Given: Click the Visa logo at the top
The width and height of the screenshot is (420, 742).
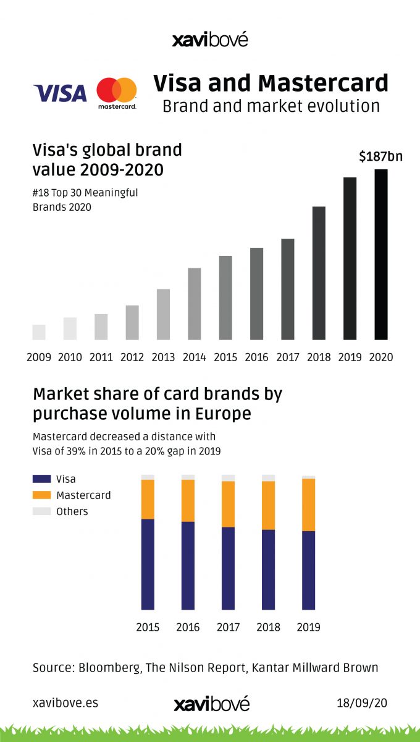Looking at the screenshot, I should tap(60, 93).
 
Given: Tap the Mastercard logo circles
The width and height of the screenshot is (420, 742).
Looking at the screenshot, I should tap(116, 90).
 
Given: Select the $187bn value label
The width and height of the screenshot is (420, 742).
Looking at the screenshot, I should tap(380, 156).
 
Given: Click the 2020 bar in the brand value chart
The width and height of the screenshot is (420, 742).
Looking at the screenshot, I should tap(381, 254).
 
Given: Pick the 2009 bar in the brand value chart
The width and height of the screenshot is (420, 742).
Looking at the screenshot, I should tap(39, 332).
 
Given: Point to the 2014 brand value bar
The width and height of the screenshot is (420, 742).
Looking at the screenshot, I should tap(194, 304).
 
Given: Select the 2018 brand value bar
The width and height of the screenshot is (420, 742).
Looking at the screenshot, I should tap(319, 273).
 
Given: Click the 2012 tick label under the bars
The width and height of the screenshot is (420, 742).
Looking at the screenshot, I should tap(132, 357).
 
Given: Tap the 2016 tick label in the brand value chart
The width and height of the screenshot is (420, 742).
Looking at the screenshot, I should tap(256, 357).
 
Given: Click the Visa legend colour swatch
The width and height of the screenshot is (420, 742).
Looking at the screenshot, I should tap(41, 479).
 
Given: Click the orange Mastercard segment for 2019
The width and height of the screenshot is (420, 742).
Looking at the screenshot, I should tap(308, 505).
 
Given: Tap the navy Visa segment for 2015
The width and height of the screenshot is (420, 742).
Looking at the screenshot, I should tap(148, 564).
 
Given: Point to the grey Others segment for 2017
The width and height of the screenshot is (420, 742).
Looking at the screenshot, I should tap(228, 477).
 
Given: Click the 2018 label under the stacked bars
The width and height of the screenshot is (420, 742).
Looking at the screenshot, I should tap(268, 628).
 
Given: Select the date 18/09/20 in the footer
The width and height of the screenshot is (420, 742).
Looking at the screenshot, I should tap(362, 703).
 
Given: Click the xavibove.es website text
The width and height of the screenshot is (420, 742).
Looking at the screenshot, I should tap(65, 703).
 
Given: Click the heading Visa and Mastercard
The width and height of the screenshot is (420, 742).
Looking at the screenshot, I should tap(271, 83).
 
